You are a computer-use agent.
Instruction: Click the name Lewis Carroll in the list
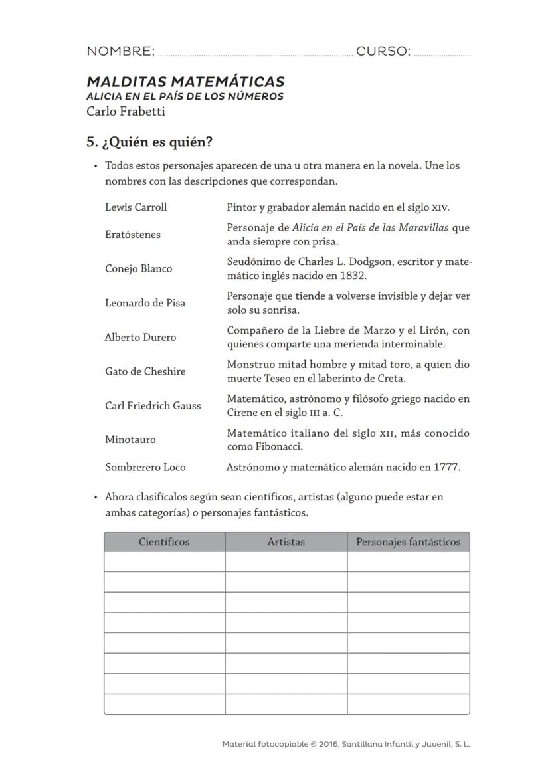(136, 207)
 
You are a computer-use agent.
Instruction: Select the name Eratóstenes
(132, 235)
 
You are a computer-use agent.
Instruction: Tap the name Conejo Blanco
(138, 269)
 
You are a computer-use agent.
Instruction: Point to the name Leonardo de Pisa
(145, 303)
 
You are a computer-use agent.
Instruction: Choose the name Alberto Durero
(140, 338)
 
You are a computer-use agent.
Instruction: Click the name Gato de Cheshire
(145, 371)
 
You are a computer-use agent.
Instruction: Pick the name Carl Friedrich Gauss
(152, 406)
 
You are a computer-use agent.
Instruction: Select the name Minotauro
(131, 440)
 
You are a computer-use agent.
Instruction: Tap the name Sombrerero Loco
(145, 468)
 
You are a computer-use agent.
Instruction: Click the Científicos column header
(164, 542)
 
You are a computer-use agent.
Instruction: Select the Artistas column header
(286, 542)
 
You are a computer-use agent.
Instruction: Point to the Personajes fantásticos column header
(408, 542)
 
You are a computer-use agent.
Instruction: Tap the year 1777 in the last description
(446, 468)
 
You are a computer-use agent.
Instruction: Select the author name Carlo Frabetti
(126, 112)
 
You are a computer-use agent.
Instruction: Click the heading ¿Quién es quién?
(155, 143)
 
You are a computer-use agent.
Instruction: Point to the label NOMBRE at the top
(120, 52)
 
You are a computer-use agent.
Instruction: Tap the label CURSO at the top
(383, 52)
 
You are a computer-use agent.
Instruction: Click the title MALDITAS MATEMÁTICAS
(185, 82)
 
